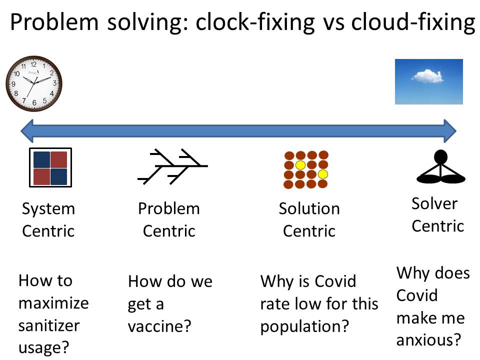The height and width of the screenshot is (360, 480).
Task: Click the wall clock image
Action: tap(34, 83)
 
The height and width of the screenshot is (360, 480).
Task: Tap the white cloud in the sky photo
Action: tap(427, 76)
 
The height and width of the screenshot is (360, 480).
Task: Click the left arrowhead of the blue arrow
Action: tap(28, 131)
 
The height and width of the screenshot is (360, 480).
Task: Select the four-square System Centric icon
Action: tap(50, 167)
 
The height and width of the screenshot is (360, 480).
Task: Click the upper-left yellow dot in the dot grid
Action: tap(300, 164)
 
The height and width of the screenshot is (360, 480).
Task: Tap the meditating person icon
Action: tap(440, 167)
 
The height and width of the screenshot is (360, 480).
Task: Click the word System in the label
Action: tap(48, 208)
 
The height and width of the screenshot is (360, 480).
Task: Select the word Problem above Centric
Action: tap(168, 208)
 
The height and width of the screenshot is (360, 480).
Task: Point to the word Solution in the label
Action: tap(309, 208)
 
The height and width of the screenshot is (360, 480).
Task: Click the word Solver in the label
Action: tap(434, 203)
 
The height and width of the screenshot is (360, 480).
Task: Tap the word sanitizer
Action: tap(49, 325)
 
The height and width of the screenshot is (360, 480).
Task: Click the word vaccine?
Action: tap(159, 326)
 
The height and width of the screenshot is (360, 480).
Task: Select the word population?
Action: tap(304, 326)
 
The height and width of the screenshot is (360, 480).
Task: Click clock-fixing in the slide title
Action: tap(255, 23)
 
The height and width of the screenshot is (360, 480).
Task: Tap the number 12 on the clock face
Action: tap(34, 64)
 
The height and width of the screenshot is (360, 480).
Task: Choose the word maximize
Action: tap(53, 303)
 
